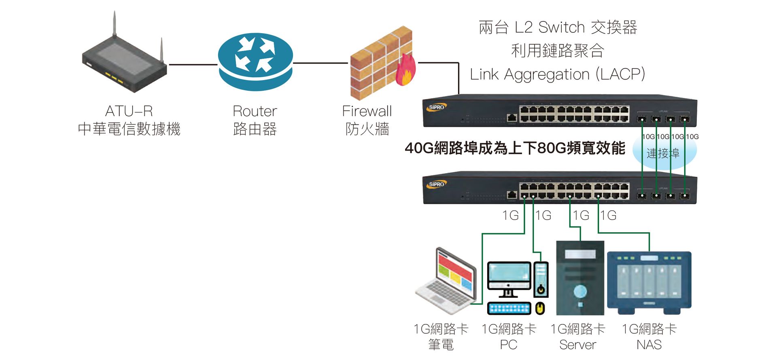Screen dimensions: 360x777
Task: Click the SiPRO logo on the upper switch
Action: (x=436, y=107)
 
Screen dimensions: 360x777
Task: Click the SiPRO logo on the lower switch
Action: (x=436, y=184)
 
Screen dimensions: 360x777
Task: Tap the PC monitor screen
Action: (x=509, y=275)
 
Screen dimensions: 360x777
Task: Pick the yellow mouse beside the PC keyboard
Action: (x=539, y=308)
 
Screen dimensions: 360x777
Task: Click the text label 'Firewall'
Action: (x=367, y=111)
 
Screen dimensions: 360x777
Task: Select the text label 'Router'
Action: (x=255, y=111)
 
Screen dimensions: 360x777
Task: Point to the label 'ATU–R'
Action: (x=129, y=111)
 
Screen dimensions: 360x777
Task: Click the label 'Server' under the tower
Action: (x=577, y=345)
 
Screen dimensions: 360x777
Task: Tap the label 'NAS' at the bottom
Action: (x=649, y=345)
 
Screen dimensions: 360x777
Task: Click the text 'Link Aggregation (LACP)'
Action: (x=557, y=74)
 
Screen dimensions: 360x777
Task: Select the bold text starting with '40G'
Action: (x=515, y=148)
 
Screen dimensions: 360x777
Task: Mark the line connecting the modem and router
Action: (x=193, y=64)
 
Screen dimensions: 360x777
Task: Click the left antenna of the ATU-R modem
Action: (x=114, y=24)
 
